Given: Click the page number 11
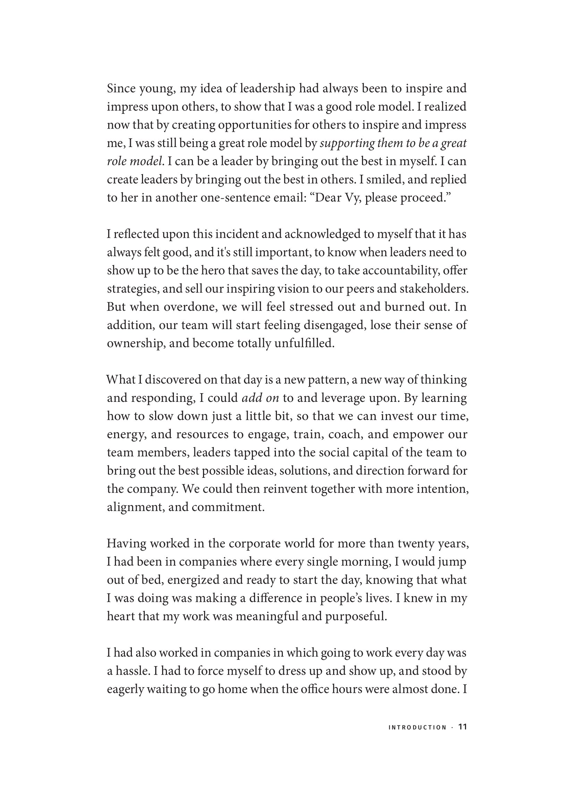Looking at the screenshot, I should pos(463,727).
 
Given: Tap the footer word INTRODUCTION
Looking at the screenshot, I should pos(417,728).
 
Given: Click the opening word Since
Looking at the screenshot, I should pos(121,88).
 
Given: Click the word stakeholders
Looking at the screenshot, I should pos(434,289).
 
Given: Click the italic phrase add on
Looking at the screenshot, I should pos(260,398).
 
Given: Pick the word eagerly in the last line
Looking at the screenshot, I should pos(125,689).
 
